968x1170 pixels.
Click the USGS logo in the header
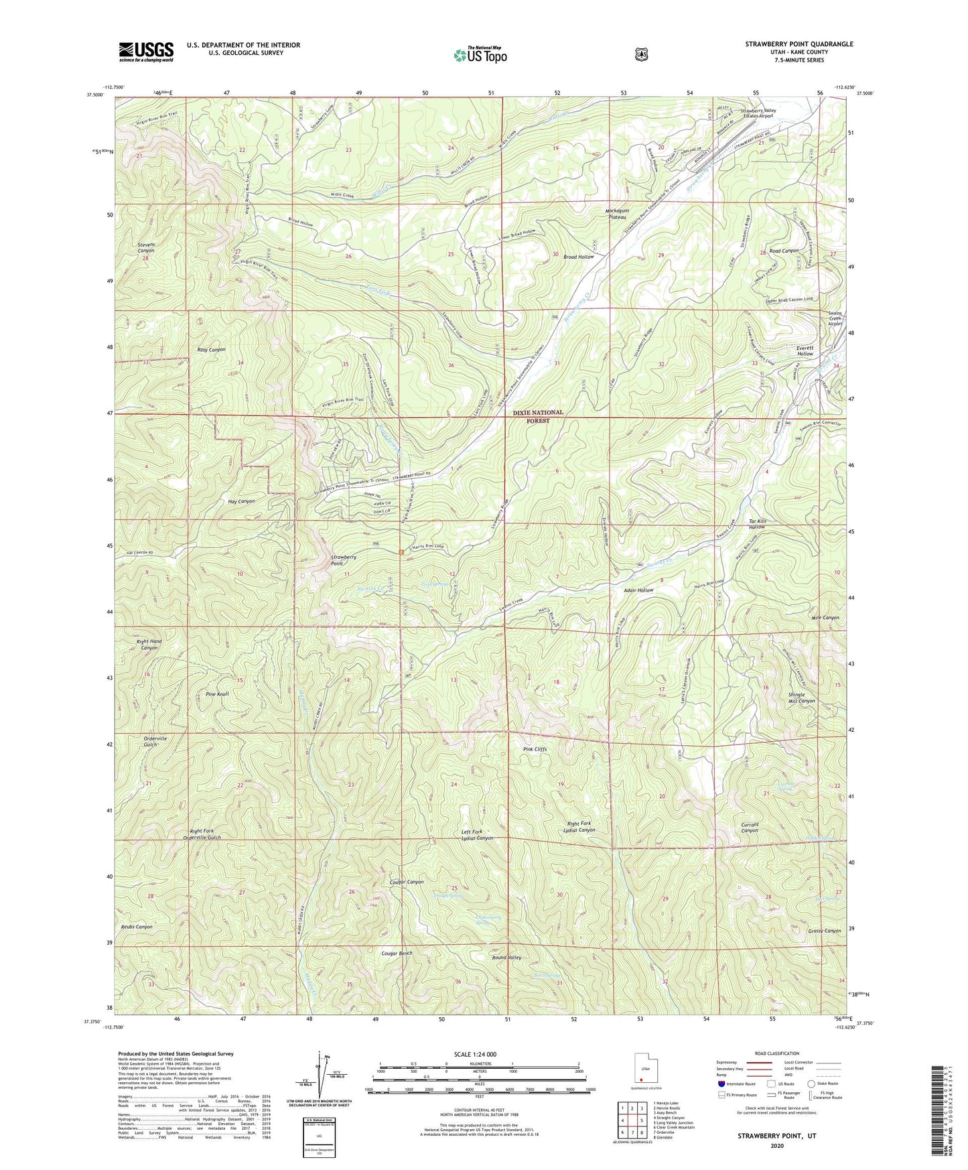146,52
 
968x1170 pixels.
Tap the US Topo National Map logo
480,54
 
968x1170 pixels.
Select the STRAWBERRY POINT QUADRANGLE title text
799,44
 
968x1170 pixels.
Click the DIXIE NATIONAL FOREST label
538,417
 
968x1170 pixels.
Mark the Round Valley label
506,958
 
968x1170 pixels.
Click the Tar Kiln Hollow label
756,524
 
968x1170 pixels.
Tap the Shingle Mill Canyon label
801,698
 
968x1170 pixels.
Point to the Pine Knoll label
218,694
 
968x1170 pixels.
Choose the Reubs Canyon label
137,927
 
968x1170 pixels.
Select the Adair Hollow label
638,590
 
